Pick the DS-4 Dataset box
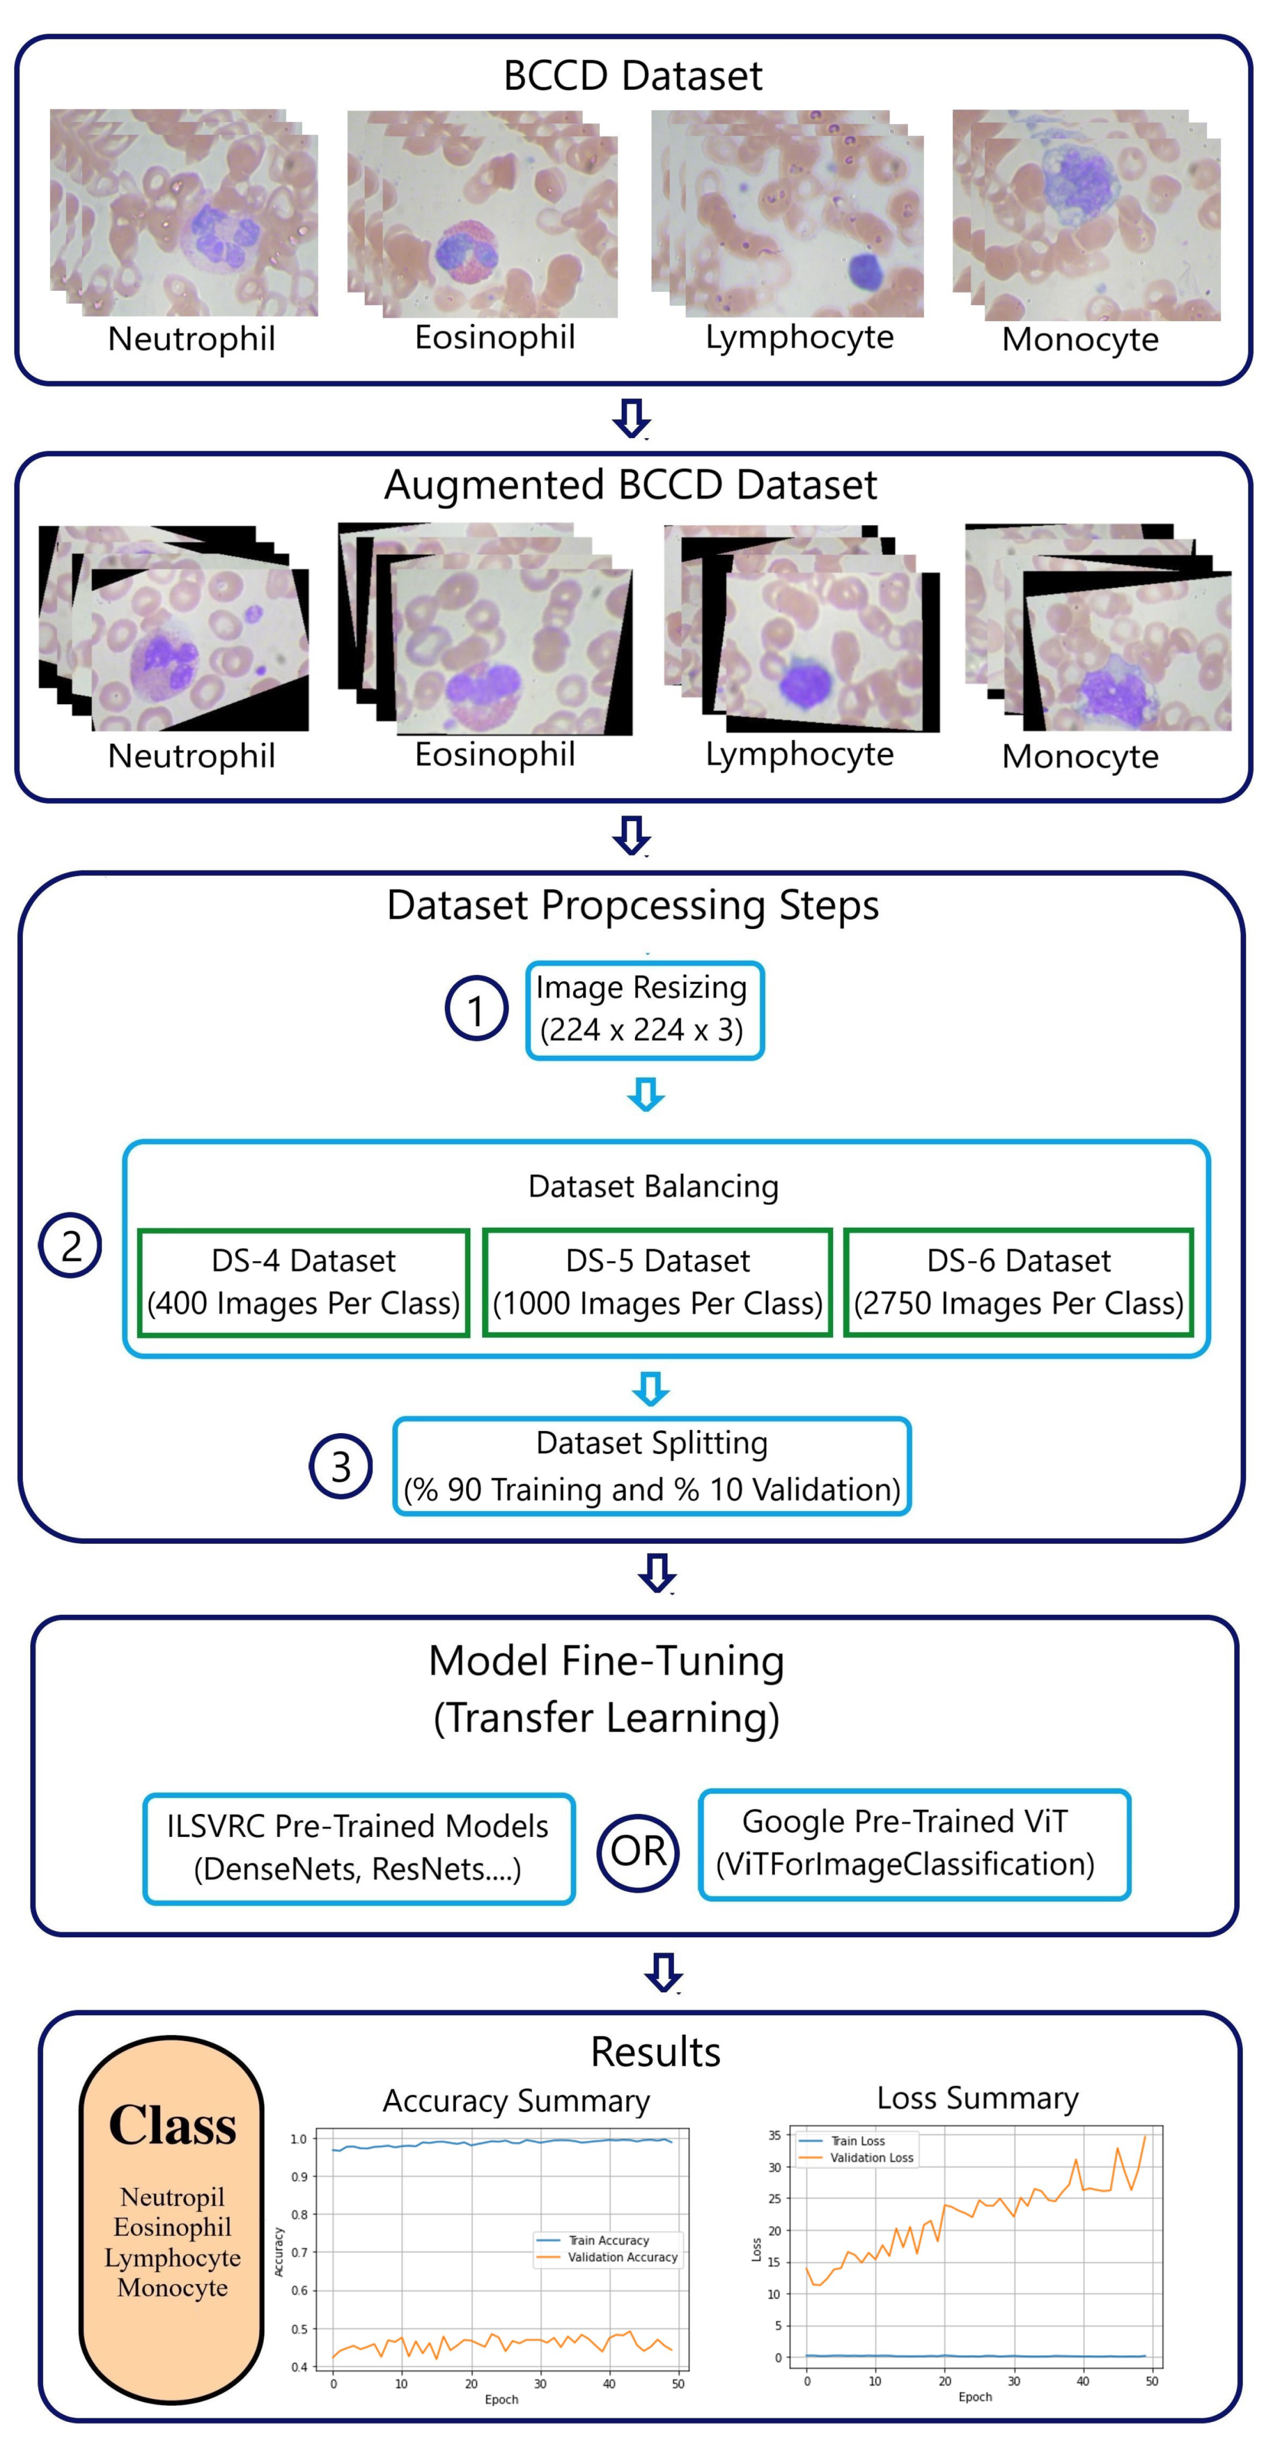(x=303, y=1282)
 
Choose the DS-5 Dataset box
(x=658, y=1282)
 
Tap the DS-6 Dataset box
(x=1018, y=1282)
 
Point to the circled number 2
(x=71, y=1246)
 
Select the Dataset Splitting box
(x=652, y=1466)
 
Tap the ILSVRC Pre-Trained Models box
(x=358, y=1848)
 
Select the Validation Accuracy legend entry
(x=622, y=2257)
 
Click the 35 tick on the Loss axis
(x=774, y=2136)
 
